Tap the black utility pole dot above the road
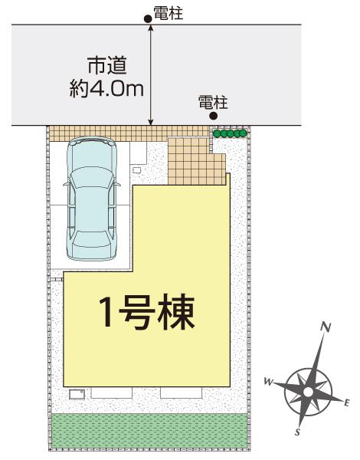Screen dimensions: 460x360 (x=149, y=18)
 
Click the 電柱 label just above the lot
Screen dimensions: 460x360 (x=213, y=102)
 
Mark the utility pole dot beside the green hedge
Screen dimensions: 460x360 (x=214, y=117)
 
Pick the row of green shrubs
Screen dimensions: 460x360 (x=230, y=133)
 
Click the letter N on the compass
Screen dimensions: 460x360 (x=326, y=327)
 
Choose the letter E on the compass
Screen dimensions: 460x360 (x=347, y=402)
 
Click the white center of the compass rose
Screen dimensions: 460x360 (x=307, y=391)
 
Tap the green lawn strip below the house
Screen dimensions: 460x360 (x=149, y=432)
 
